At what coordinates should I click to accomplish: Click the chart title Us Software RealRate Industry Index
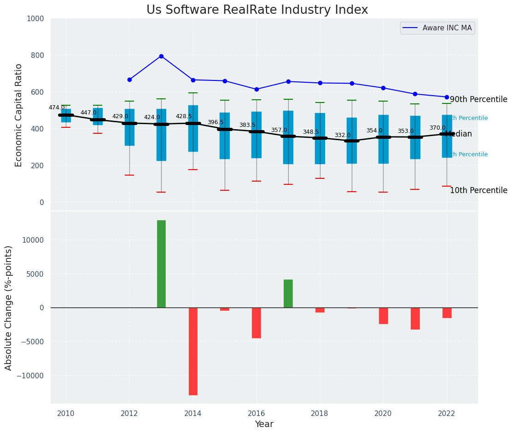click(257, 10)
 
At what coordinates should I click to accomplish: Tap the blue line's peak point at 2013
click(161, 56)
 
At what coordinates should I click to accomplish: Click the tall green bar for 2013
click(161, 264)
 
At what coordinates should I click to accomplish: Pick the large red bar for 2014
click(193, 351)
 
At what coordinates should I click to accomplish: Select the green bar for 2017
click(288, 294)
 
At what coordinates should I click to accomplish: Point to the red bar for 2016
click(256, 323)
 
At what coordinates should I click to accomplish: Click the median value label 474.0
click(57, 108)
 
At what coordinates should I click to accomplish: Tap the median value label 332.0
click(343, 135)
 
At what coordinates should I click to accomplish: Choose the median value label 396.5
click(215, 122)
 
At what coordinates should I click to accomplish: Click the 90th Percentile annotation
click(478, 100)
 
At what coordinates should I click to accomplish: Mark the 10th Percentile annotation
click(478, 191)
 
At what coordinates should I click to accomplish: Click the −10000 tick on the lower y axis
click(30, 376)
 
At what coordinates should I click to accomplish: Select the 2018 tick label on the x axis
click(320, 413)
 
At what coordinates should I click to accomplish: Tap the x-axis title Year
click(264, 424)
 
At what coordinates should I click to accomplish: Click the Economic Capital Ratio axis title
click(19, 115)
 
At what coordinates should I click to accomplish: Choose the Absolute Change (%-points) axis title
click(9, 308)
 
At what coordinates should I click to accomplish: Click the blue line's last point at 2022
click(447, 97)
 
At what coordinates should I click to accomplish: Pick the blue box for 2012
click(129, 127)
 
